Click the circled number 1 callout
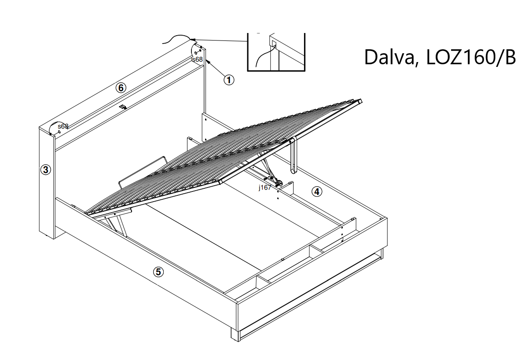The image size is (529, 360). click(x=229, y=80)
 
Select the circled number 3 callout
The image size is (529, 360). click(x=46, y=169)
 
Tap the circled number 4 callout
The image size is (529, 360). click(x=317, y=191)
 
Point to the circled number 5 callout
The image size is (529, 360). click(x=158, y=272)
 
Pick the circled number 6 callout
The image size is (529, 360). click(x=121, y=88)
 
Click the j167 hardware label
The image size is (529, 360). click(x=265, y=187)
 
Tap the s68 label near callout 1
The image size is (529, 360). click(x=198, y=59)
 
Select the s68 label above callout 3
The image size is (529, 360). click(x=63, y=126)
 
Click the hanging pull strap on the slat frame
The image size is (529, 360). click(x=293, y=155)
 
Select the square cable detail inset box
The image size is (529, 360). click(x=276, y=52)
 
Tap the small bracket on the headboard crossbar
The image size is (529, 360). click(x=123, y=107)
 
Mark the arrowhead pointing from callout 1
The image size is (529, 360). click(x=208, y=62)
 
